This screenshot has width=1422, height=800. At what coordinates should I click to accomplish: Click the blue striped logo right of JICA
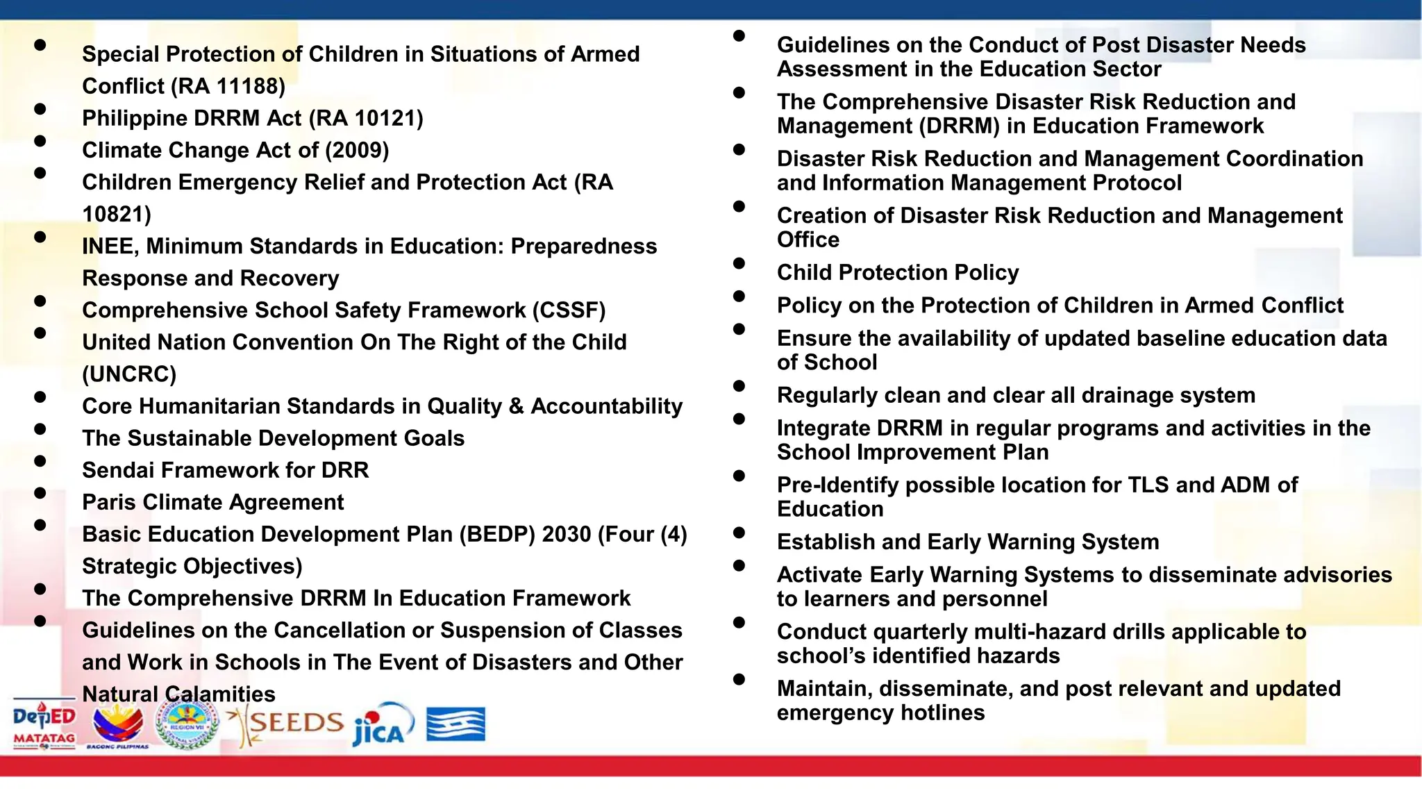pyautogui.click(x=455, y=725)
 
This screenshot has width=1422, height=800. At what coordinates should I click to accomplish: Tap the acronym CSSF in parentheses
pyautogui.click(x=569, y=310)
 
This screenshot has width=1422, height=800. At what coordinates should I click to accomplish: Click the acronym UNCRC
pyautogui.click(x=129, y=374)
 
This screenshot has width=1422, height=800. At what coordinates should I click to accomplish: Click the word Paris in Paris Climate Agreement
pyautogui.click(x=109, y=502)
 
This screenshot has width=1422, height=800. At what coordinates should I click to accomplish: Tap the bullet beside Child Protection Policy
pyautogui.click(x=739, y=263)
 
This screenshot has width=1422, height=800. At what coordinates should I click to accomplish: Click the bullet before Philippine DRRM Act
pyautogui.click(x=40, y=109)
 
